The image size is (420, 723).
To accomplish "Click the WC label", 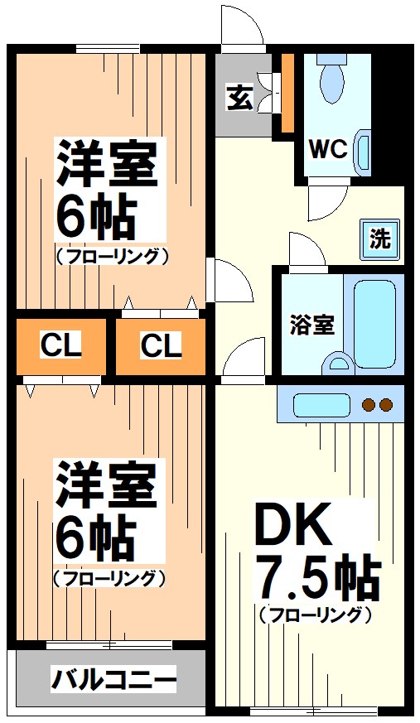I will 327,150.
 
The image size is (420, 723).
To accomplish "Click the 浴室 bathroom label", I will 312,324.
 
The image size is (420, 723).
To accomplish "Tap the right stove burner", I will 385,405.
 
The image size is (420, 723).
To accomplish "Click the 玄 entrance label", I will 239,98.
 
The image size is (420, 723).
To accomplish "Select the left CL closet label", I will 61,345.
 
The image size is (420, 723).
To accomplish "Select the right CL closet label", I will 160,345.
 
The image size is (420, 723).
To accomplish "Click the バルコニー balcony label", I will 114,681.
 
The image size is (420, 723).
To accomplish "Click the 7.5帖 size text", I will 317,577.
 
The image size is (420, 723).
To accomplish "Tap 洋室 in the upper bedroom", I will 106,165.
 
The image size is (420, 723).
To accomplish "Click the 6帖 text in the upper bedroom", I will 95,217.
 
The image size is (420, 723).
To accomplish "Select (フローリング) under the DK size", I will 314,615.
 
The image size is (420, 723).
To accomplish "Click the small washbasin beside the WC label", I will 363,151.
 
